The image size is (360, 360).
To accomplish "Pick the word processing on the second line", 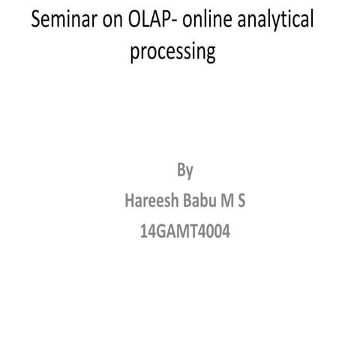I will (x=172, y=54).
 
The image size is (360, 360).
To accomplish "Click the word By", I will (x=185, y=171).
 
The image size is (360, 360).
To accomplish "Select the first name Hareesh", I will (x=153, y=202).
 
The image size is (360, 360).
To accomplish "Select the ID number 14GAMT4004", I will (x=185, y=232).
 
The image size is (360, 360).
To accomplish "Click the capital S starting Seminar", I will (x=36, y=21).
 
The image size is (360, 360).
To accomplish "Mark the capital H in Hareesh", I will (x=129, y=202).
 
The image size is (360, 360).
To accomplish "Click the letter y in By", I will (x=190, y=172).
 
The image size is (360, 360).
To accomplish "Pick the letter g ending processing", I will (x=210, y=56).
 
